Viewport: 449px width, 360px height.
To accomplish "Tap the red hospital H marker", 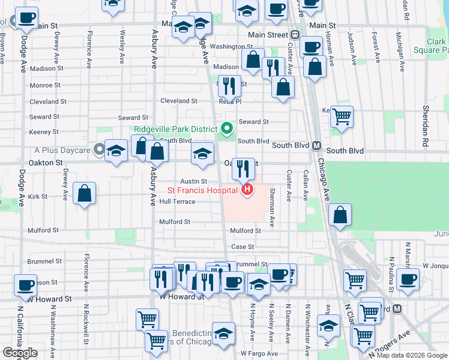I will [x=247, y=191].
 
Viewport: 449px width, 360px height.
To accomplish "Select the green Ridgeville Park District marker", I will [x=226, y=128].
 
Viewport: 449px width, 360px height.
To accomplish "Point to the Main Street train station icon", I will [x=295, y=35].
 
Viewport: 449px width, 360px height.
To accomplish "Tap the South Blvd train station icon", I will [x=317, y=146].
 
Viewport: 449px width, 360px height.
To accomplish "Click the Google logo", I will [x=20, y=353].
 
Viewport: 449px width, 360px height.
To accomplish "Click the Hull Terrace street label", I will [x=177, y=202].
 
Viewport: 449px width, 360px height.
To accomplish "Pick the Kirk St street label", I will [x=37, y=196].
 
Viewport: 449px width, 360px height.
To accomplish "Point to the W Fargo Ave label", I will [x=259, y=353].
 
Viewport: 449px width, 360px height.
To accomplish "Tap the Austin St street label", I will [x=194, y=181].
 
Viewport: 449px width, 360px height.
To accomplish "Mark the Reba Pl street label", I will [x=230, y=101].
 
